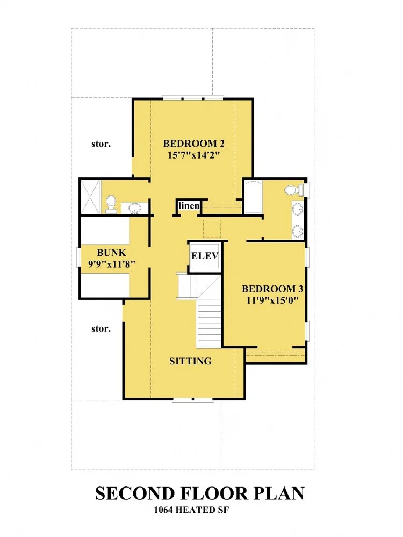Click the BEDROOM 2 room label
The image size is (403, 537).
coord(194,143)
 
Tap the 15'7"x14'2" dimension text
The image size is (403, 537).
coord(193,155)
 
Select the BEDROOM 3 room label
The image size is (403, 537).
coord(272,289)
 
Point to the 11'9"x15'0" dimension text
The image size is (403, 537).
coord(272,300)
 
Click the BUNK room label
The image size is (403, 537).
coord(112,253)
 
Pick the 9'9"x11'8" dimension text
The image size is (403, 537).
coord(112,264)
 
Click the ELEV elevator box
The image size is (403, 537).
coord(205,256)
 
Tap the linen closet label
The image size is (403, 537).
coord(189,205)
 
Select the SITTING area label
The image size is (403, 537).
coord(190,361)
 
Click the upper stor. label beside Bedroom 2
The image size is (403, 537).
coord(101,144)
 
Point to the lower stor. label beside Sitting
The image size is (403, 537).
coord(101,329)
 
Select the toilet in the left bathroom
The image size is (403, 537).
coord(111,203)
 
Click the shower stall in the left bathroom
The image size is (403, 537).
coord(90,197)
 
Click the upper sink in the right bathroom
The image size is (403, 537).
coord(298,208)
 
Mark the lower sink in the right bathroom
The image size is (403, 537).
coord(298,232)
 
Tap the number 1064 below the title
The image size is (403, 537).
coord(163,510)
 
